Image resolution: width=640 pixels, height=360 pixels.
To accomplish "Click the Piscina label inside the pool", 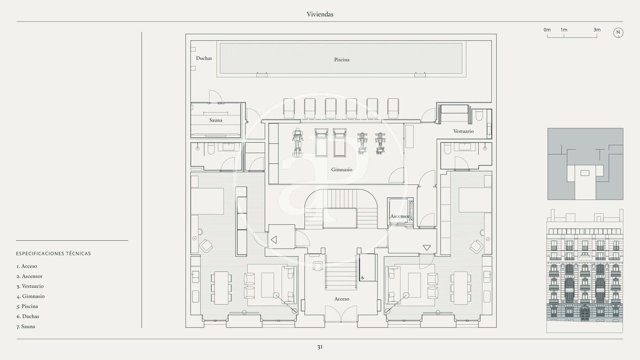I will point(341,60).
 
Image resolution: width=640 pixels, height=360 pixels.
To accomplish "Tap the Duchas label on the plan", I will point(204,58).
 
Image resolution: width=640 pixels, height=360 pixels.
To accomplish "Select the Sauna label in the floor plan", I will point(216,120).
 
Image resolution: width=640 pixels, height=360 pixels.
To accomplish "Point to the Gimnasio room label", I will point(341,169).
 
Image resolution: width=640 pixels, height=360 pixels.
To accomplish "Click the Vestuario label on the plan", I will point(463,131).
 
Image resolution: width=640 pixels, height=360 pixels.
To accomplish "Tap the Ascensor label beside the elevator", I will point(400,216).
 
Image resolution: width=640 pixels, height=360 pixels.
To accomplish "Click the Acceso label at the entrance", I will point(341,299).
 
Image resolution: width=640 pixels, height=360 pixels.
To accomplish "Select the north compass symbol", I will point(618,32).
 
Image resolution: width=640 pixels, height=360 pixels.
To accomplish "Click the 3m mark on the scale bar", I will point(597,30).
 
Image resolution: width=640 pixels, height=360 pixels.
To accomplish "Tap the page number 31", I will point(320,347).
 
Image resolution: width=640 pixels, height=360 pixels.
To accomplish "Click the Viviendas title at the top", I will point(320,14).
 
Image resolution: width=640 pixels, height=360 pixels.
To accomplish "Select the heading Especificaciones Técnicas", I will point(53,254).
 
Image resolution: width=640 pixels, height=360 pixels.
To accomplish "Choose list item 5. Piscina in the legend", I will point(27,307).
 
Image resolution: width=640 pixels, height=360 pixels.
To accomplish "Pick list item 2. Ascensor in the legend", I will point(30,276).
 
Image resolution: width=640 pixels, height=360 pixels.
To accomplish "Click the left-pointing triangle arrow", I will point(274,239).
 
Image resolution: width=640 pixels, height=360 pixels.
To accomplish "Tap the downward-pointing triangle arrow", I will point(427,248).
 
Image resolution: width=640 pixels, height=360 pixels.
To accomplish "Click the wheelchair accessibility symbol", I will point(363,277).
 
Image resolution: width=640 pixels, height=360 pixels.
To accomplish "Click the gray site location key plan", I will point(585,164).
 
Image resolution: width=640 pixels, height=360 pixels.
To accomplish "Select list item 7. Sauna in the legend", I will point(26,327).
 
